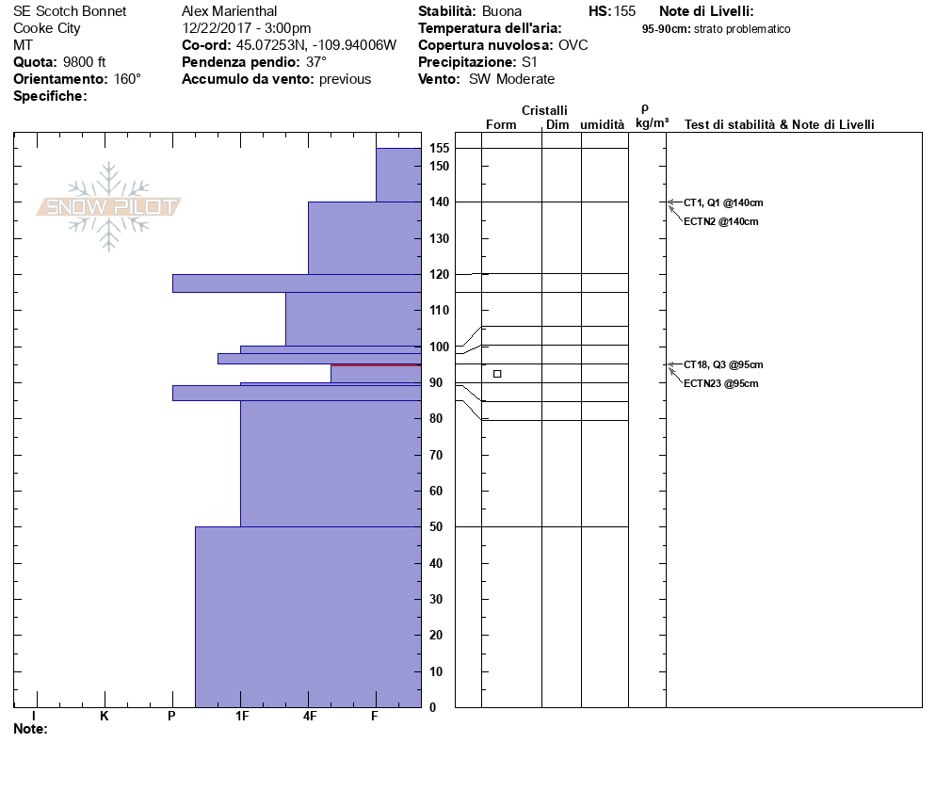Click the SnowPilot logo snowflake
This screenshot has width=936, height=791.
click(x=109, y=206)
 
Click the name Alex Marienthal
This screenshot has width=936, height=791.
click(x=229, y=11)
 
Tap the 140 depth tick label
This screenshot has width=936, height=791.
click(x=439, y=202)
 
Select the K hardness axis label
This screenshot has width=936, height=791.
click(x=104, y=717)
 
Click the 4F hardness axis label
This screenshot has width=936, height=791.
click(x=309, y=717)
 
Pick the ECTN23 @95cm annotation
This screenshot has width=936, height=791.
click(x=720, y=383)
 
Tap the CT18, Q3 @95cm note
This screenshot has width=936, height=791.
click(x=723, y=364)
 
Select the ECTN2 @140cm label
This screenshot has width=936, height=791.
click(x=720, y=221)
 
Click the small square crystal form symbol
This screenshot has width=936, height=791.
click(x=497, y=374)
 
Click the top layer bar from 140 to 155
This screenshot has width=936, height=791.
click(x=398, y=175)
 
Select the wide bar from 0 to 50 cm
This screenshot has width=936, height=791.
click(x=308, y=617)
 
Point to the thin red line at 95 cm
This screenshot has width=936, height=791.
click(x=376, y=365)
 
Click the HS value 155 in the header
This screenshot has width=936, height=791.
click(x=624, y=11)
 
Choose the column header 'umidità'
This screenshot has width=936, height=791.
click(x=603, y=125)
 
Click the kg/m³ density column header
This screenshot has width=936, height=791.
click(x=652, y=123)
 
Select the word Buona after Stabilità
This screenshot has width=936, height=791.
click(x=501, y=11)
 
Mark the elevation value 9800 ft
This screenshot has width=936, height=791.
click(x=85, y=62)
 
